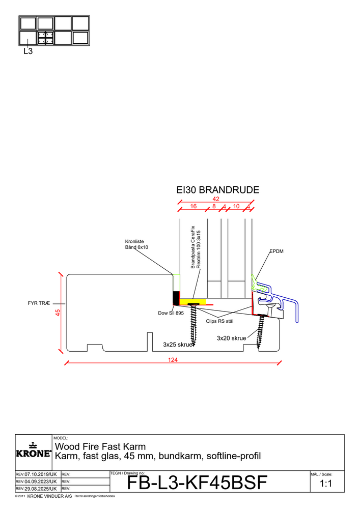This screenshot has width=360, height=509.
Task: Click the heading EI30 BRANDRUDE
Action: click(217, 190)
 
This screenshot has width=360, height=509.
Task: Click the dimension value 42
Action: click(216, 199)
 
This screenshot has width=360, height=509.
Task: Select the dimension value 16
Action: click(193, 206)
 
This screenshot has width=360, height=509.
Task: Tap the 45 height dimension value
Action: click(58, 313)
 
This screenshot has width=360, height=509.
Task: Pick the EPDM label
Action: click(276, 251)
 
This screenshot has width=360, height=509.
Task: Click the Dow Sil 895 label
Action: click(171, 313)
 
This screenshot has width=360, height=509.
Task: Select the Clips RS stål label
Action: click(219, 321)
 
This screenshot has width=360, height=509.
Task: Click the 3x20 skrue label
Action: click(232, 338)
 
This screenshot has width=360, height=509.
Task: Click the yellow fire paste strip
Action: click(193, 301)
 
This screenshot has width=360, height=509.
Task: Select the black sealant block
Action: click(176, 297)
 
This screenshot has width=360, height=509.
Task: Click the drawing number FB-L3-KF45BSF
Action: click(196, 483)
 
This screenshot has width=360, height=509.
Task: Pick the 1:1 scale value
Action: click(326, 484)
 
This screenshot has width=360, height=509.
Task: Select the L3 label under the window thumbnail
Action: click(28, 51)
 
